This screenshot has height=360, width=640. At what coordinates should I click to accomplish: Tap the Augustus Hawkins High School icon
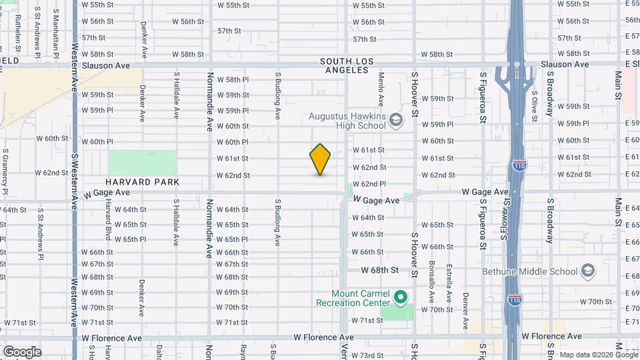click(x=396, y=120)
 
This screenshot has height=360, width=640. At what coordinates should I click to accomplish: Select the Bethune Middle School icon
click(x=588, y=271)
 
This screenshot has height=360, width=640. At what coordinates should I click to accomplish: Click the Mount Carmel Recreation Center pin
click(x=400, y=297)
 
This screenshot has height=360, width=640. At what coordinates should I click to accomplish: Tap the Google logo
click(x=22, y=352)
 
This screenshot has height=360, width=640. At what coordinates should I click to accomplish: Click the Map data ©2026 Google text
click(x=596, y=354)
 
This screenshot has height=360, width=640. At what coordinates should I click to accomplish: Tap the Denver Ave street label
click(x=465, y=311)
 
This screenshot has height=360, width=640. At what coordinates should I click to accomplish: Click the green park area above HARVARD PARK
click(x=142, y=163)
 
